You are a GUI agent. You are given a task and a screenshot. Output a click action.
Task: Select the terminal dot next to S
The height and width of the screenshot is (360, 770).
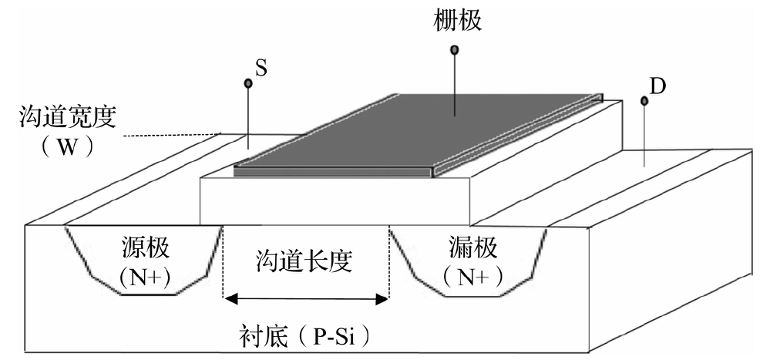[x=248, y=83]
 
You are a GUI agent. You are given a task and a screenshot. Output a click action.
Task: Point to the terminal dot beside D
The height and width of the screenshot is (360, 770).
[x=644, y=100]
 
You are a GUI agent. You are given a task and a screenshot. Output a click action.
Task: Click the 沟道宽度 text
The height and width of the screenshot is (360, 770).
[x=68, y=118]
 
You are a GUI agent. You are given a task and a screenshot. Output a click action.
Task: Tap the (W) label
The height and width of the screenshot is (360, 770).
[x=68, y=146]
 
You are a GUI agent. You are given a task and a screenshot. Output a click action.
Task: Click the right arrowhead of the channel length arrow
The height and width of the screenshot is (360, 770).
[x=383, y=299]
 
